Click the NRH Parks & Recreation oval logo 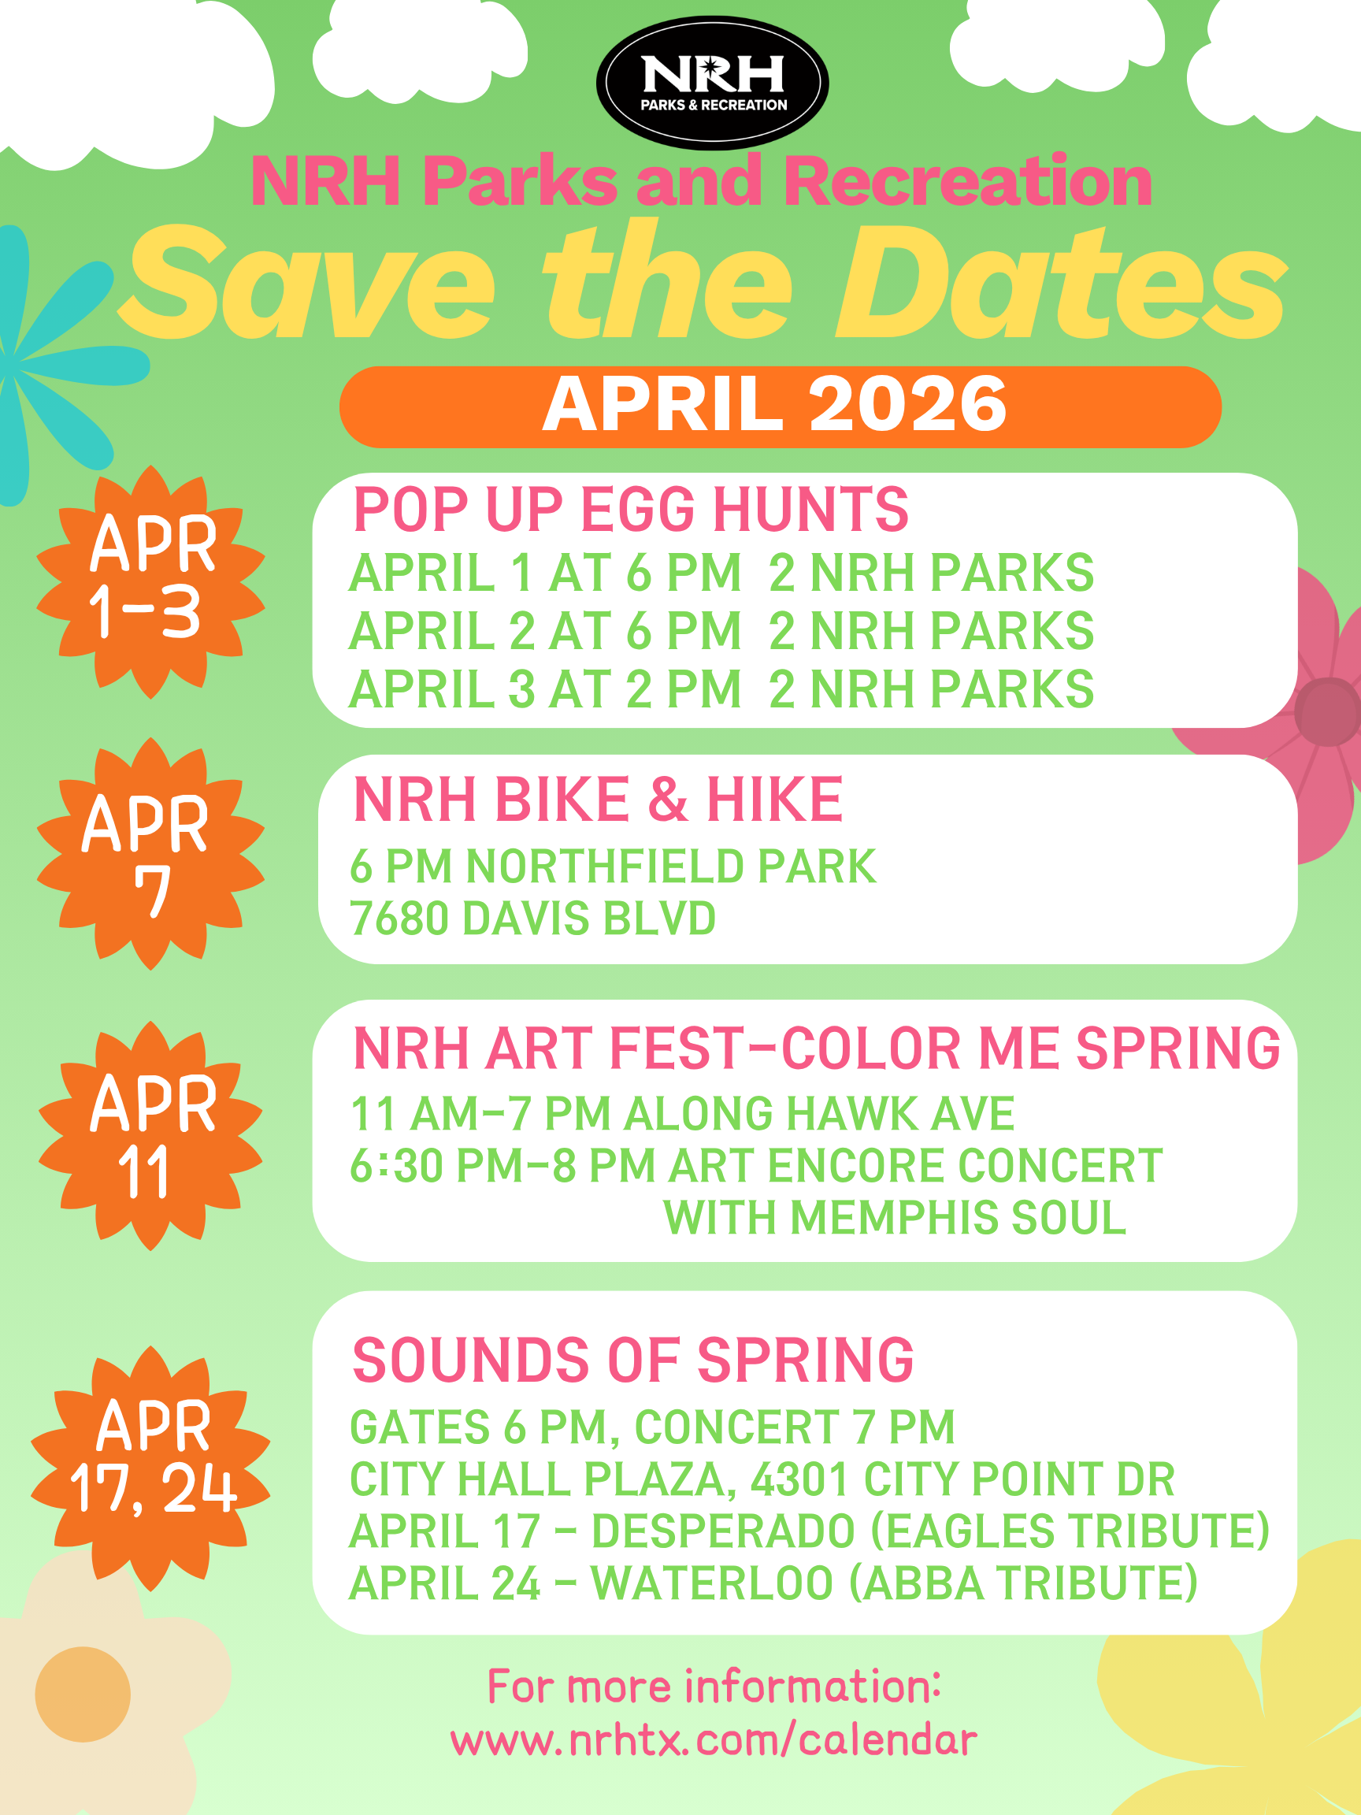point(712,83)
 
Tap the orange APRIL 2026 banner point(781,407)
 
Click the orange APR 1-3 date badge point(151,581)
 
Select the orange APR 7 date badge point(151,853)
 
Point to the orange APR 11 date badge point(151,1136)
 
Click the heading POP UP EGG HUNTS point(631,510)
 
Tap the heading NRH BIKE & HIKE point(598,800)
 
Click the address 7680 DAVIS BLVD point(533,919)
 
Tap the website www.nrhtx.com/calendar point(714,1740)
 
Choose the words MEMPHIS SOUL point(959,1217)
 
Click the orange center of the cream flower point(83,1694)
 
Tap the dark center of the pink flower point(1328,712)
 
